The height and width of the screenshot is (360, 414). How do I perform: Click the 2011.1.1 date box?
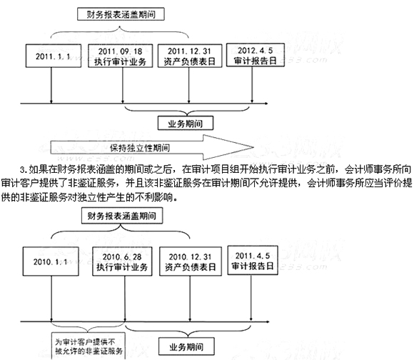click(54, 56)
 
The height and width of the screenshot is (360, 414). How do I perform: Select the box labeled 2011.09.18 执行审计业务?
click(121, 56)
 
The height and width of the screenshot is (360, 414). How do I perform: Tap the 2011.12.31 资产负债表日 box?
click(190, 56)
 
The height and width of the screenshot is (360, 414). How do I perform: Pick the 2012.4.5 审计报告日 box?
click(256, 55)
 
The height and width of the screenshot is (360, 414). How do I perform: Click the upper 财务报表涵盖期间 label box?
click(121, 14)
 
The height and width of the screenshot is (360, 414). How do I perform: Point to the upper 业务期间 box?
click(186, 123)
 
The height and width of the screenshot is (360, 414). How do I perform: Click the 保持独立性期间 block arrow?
click(152, 147)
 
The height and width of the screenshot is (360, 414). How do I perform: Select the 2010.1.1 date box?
click(51, 261)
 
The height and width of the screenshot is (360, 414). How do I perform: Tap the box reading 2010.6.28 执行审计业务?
click(122, 261)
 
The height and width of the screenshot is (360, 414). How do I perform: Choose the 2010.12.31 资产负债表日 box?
click(191, 261)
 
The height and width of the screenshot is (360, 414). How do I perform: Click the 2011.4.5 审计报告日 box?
click(253, 261)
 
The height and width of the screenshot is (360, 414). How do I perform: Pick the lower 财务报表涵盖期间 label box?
click(122, 216)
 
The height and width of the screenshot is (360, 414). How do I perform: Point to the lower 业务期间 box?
click(186, 346)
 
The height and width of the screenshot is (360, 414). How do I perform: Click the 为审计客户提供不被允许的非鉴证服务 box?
click(89, 346)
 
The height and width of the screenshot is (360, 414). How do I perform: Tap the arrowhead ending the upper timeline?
click(266, 104)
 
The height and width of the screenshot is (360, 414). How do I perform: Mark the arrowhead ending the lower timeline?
click(268, 321)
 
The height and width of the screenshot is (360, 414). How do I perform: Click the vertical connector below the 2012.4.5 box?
click(252, 84)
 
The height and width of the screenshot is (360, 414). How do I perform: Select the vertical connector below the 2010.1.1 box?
click(51, 299)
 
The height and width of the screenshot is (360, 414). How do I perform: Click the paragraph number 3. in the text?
click(24, 170)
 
